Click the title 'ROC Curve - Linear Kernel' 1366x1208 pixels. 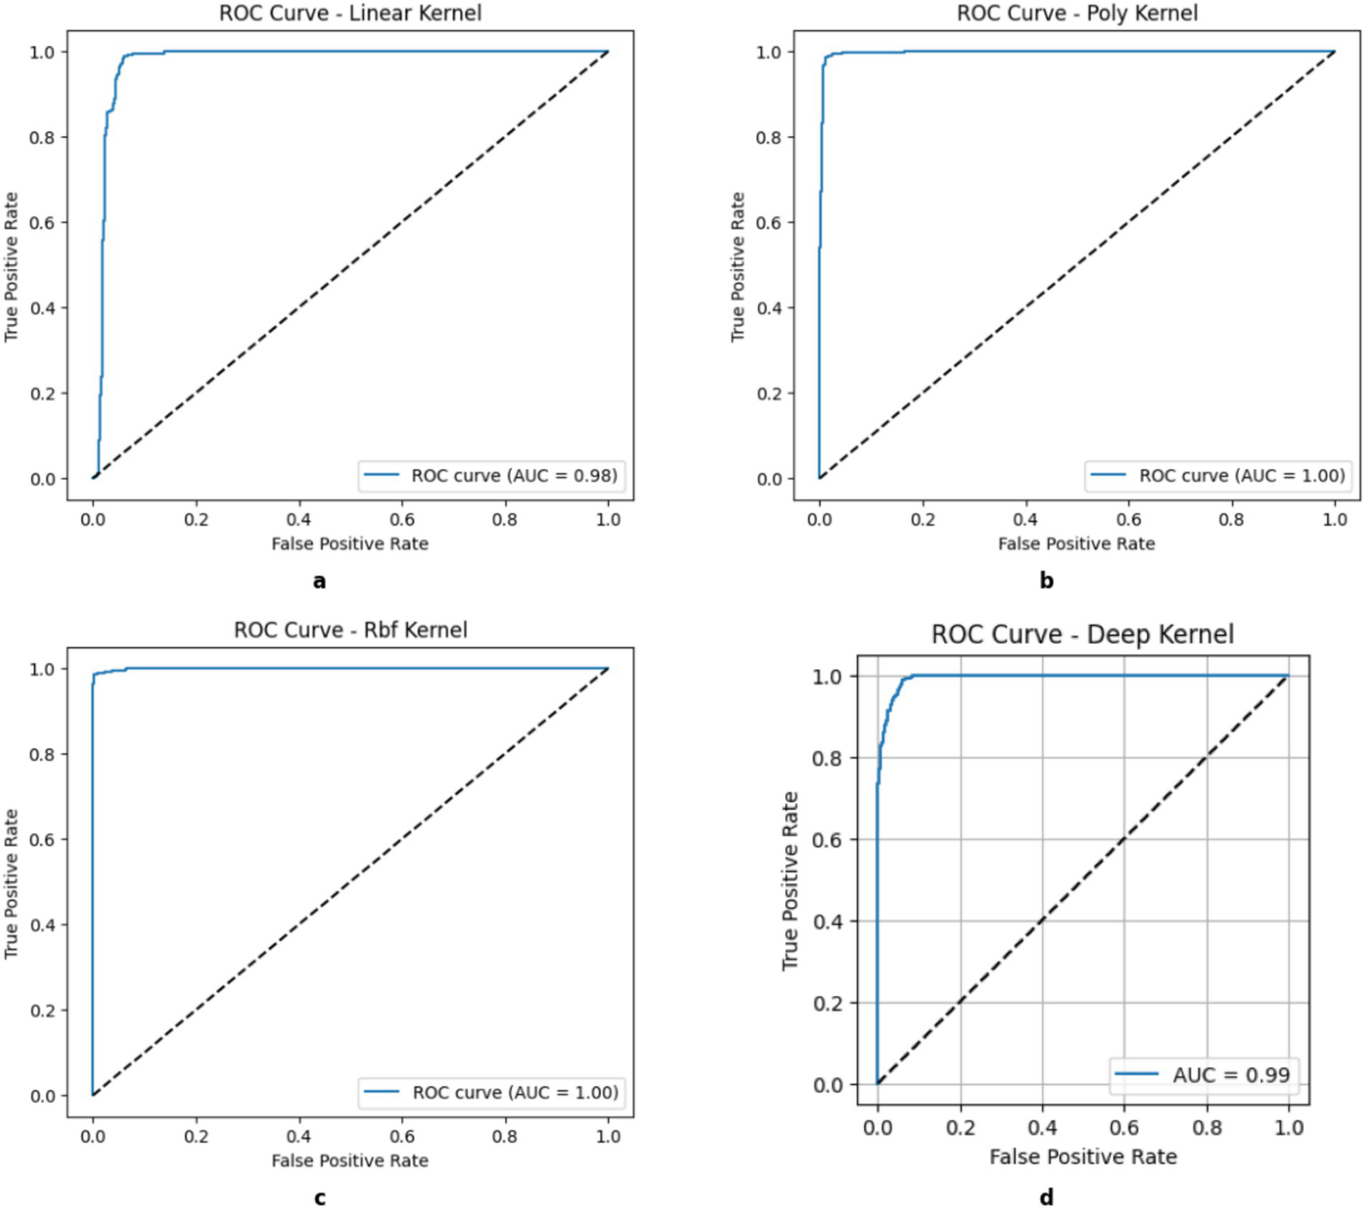click(x=351, y=13)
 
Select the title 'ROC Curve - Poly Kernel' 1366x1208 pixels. click(x=1077, y=13)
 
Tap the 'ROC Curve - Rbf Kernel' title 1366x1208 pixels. click(x=351, y=630)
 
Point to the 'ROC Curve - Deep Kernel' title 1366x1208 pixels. click(x=1082, y=635)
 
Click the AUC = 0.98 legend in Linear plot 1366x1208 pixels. click(x=490, y=475)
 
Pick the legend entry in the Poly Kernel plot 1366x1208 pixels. click(x=1217, y=475)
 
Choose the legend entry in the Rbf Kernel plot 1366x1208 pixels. click(x=491, y=1092)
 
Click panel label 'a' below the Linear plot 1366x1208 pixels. click(x=319, y=581)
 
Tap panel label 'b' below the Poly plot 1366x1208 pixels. click(x=1047, y=581)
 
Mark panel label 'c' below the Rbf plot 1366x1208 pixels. click(x=319, y=1198)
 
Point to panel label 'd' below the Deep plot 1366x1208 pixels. click(x=1047, y=1197)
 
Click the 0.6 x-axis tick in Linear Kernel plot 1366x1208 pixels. click(x=402, y=520)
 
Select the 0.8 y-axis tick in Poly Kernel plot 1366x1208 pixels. click(x=769, y=137)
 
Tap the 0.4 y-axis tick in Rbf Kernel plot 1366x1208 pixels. click(x=43, y=925)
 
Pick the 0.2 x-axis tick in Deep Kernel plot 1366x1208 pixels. click(x=960, y=1128)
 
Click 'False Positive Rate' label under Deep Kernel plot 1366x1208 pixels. click(x=1083, y=1156)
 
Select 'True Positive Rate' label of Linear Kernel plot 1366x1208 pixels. click(x=12, y=266)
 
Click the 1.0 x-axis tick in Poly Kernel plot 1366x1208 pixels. click(x=1335, y=520)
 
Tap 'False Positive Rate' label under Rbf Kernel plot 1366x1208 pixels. click(x=350, y=1161)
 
